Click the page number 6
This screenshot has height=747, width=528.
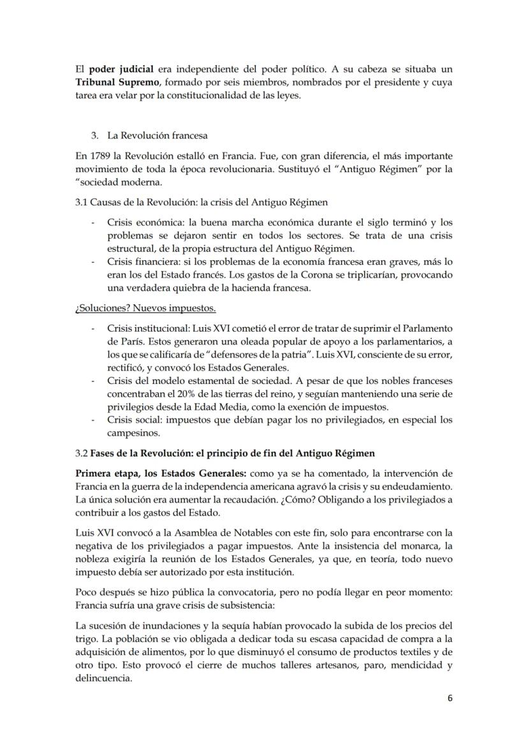[x=450, y=698]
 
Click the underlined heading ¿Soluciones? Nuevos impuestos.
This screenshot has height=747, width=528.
[x=145, y=309]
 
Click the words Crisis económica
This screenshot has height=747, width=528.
[x=140, y=223]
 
